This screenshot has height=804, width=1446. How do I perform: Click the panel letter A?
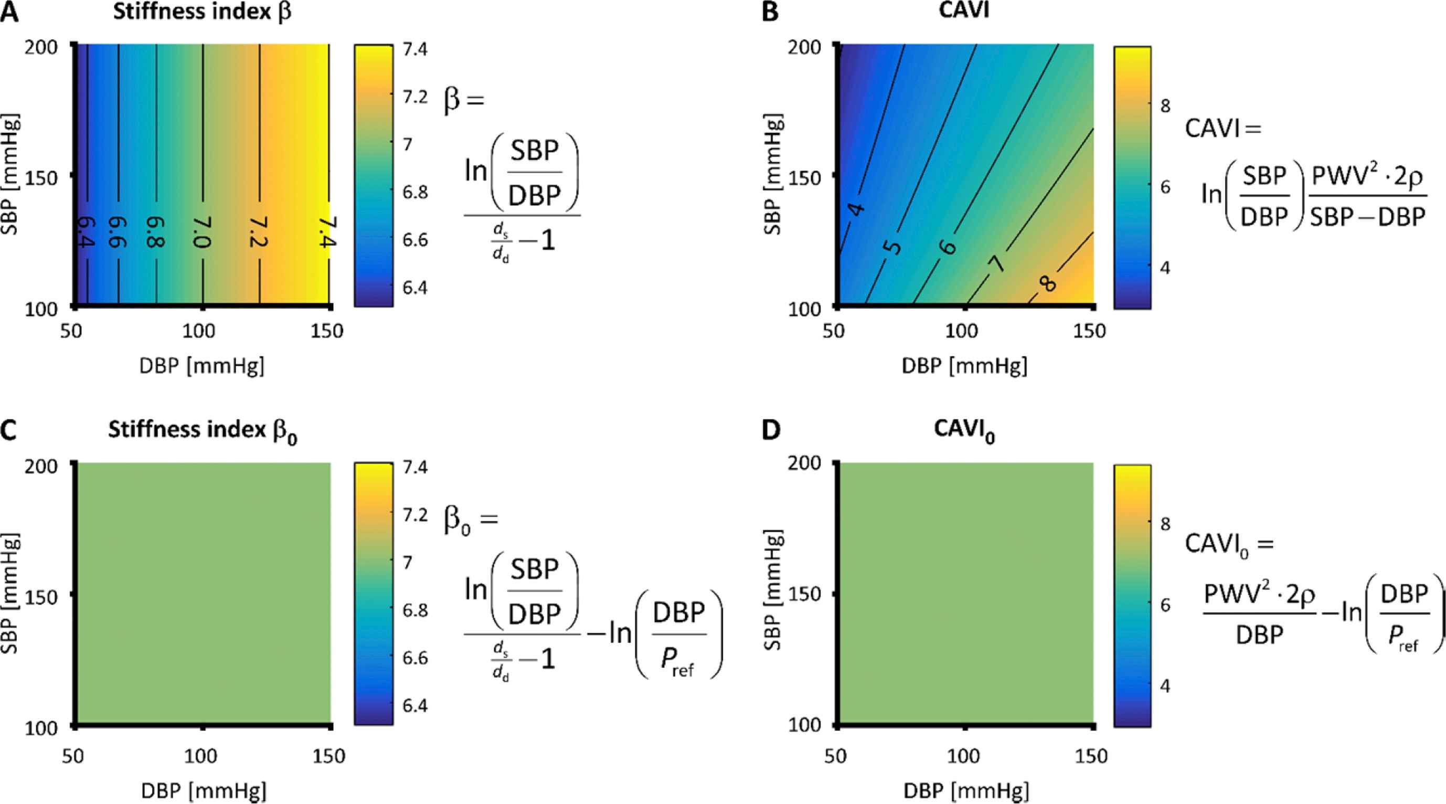pos(9,13)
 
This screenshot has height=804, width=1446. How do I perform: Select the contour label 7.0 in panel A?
pos(202,232)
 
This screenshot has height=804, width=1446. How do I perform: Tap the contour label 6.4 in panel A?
pos(86,232)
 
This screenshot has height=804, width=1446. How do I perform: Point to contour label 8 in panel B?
pos(1047,283)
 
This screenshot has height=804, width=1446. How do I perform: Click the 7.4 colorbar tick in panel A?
pos(415,49)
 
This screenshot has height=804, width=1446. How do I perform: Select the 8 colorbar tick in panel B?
pos(1165,105)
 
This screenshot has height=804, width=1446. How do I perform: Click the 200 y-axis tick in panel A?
pos(41,47)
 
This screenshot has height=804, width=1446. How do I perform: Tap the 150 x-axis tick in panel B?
pos(1090,331)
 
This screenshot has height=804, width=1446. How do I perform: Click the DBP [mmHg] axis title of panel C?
pos(203,790)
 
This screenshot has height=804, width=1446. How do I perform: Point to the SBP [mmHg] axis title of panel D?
pos(773,589)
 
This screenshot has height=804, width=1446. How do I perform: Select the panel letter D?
pos(771,430)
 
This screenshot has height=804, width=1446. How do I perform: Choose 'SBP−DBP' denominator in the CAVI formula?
pos(1367,217)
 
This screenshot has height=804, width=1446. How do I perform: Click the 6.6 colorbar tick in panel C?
pos(415,658)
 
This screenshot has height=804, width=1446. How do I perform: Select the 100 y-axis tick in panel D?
pos(804,725)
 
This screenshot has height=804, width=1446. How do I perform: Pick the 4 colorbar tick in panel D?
pos(1165,685)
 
